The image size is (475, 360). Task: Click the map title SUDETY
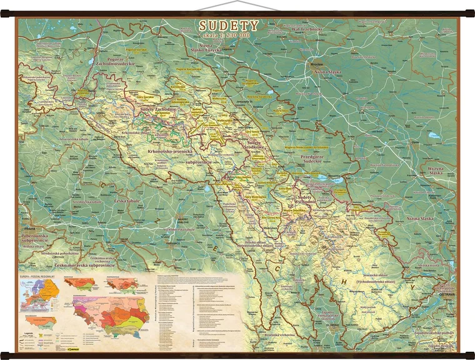click(x=229, y=26)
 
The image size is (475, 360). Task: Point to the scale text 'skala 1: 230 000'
click(x=229, y=36)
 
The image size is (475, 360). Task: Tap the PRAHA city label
click(x=26, y=228)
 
